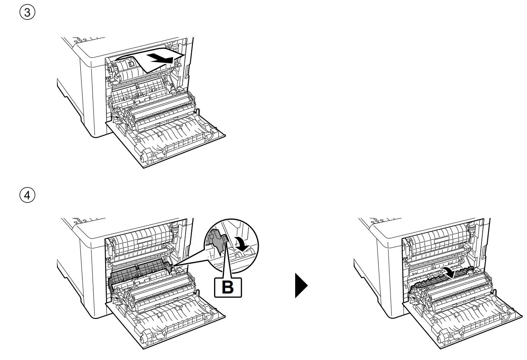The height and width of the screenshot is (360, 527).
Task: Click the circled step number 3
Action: (27, 13)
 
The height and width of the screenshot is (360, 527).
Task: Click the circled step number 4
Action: (27, 195)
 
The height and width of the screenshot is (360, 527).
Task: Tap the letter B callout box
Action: (227, 287)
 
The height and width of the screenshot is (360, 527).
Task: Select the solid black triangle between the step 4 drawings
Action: (301, 286)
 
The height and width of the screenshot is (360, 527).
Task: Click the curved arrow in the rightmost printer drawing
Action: (449, 272)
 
